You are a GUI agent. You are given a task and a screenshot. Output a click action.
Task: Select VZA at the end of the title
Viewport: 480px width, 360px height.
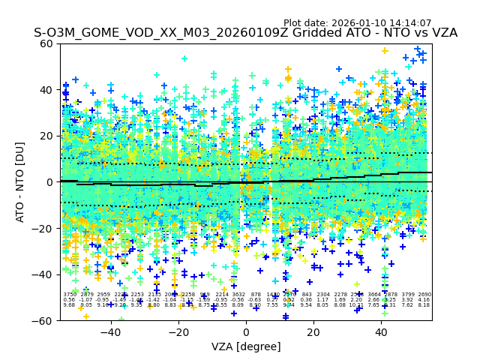[x=442, y=34]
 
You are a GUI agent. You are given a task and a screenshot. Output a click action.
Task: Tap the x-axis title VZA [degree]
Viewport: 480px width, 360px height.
[x=246, y=346]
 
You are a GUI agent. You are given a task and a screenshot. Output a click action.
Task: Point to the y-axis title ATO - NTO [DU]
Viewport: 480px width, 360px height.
[x=20, y=181]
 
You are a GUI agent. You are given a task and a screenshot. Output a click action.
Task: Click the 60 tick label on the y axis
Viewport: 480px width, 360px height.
[x=46, y=43]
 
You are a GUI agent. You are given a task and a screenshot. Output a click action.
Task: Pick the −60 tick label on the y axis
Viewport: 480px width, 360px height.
[x=43, y=320]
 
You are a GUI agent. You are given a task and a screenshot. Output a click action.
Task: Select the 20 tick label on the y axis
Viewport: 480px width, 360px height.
[x=46, y=136]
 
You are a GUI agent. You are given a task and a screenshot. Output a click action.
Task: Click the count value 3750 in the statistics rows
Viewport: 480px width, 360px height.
[x=69, y=295]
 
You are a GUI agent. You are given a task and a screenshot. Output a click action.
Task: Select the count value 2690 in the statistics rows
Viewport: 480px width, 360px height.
[x=424, y=295]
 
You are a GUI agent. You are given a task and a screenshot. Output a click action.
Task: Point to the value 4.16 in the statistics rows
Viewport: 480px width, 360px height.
[x=424, y=300]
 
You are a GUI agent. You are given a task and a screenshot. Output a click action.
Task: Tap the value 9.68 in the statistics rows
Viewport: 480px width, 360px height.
[x=69, y=305]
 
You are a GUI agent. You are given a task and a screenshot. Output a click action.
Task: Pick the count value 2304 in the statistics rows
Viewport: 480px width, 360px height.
[x=323, y=295]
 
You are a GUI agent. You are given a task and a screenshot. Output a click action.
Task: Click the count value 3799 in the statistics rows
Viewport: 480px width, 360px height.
[x=408, y=295]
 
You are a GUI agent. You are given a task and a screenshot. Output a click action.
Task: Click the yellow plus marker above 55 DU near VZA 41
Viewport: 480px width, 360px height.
[x=385, y=51]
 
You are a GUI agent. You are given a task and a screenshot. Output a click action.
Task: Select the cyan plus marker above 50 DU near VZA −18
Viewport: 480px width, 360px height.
[x=184, y=58]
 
